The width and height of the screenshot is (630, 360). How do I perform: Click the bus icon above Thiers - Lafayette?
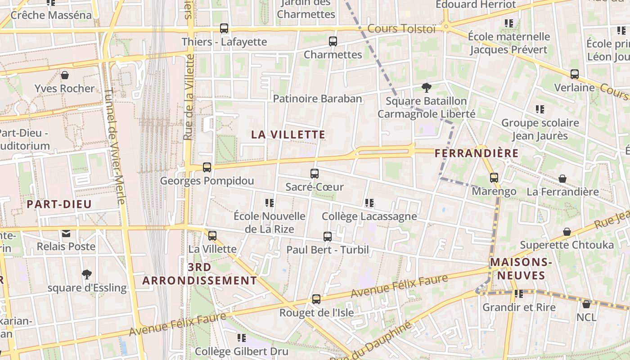(224, 28)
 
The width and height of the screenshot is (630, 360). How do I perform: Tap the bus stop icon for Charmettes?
(333, 41)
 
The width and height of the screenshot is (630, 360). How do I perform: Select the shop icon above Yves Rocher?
(65, 75)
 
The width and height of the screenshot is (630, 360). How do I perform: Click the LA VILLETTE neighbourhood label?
(288, 135)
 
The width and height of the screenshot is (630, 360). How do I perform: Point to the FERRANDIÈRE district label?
(477, 153)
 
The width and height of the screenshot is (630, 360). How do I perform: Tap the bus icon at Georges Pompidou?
(207, 167)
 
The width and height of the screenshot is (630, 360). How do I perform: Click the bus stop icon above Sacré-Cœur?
(315, 174)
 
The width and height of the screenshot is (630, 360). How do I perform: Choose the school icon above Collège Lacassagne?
(369, 203)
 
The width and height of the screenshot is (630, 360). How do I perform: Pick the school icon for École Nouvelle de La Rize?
(270, 203)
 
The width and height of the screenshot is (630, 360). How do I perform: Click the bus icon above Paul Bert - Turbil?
(328, 236)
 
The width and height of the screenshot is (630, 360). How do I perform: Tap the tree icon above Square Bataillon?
(426, 88)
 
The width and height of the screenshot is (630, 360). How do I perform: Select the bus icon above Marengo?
(494, 178)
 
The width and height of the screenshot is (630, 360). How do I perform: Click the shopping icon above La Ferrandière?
(562, 179)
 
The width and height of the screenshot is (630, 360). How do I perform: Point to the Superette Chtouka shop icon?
(567, 232)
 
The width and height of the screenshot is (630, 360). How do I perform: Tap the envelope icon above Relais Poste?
(66, 233)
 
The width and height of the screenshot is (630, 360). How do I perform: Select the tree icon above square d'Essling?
(87, 274)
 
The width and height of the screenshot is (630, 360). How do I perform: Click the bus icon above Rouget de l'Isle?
(316, 299)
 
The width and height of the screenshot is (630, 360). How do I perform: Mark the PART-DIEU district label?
(59, 204)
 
